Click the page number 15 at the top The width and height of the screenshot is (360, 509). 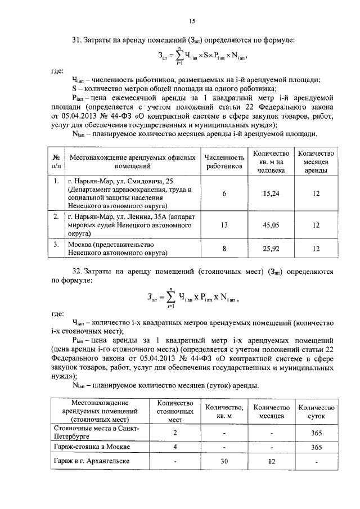[191, 21]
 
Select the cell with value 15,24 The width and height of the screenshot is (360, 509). [272, 193]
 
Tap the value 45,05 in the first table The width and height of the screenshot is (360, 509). [272, 225]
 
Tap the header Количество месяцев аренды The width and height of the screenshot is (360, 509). [316, 163]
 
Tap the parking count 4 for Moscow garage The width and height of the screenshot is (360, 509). [175, 447]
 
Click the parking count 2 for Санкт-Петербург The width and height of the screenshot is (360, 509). [175, 433]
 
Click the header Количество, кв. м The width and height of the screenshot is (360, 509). [224, 412]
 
